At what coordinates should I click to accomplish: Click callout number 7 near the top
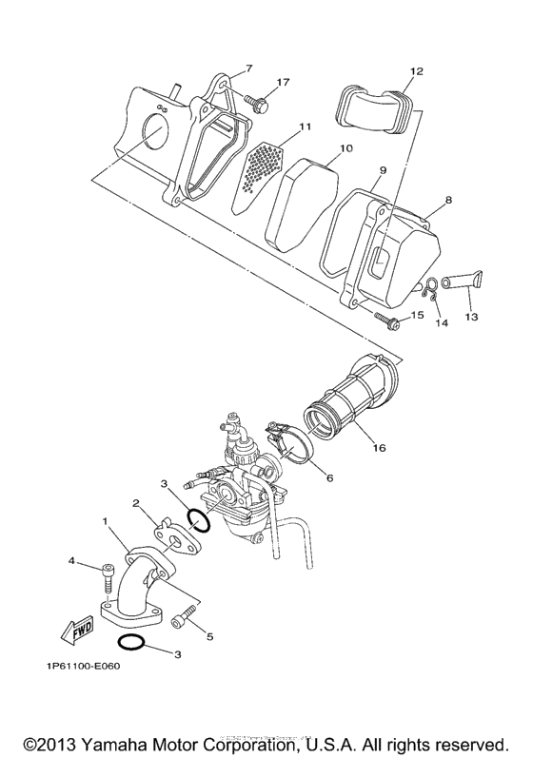[x=248, y=68]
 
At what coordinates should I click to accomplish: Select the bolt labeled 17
[x=258, y=99]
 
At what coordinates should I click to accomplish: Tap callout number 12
[x=416, y=71]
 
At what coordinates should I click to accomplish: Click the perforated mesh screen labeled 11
[x=260, y=169]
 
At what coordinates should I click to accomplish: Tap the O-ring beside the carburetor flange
[x=199, y=520]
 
